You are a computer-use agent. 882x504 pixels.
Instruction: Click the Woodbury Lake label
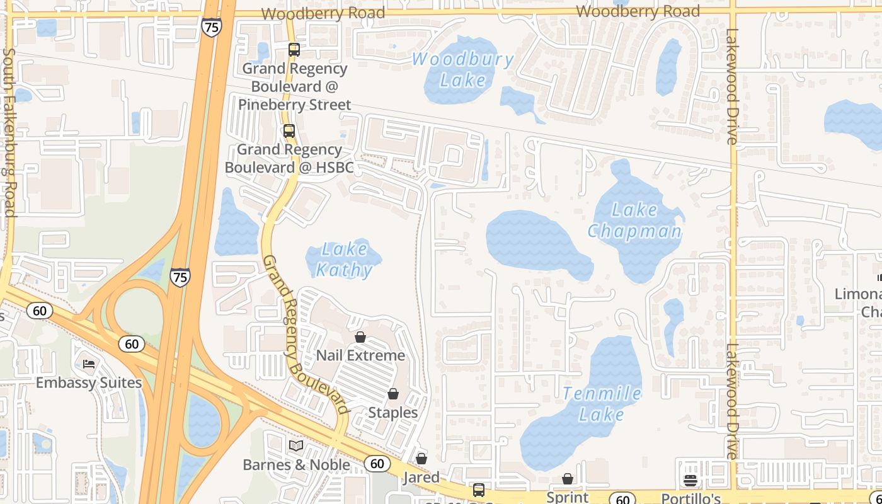click(463, 70)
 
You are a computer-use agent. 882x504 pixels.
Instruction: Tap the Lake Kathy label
click(343, 260)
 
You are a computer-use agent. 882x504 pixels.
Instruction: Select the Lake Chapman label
click(634, 220)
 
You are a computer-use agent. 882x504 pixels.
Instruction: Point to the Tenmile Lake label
click(602, 404)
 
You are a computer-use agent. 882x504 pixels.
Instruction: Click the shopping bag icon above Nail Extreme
click(360, 337)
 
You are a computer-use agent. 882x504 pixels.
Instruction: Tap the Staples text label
click(392, 413)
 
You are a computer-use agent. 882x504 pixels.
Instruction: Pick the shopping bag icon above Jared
click(421, 459)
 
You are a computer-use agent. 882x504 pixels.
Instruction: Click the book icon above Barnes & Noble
click(295, 446)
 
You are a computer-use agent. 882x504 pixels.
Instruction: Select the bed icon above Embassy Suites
click(89, 364)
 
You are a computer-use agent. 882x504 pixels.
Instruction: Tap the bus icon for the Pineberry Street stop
click(294, 50)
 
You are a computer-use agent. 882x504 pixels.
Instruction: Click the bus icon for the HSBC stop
click(289, 131)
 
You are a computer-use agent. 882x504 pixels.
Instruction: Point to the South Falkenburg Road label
click(9, 132)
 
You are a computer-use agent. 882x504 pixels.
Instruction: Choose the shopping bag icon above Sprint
click(568, 479)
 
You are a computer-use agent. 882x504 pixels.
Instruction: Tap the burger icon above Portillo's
click(690, 481)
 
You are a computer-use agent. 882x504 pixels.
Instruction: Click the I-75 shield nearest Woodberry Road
click(212, 26)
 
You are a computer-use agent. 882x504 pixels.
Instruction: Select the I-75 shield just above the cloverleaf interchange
click(180, 277)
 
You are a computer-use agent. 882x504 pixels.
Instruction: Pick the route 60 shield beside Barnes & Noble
click(377, 464)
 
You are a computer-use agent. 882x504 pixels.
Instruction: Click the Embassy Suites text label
click(89, 383)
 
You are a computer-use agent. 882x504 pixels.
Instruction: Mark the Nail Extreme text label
click(360, 355)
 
